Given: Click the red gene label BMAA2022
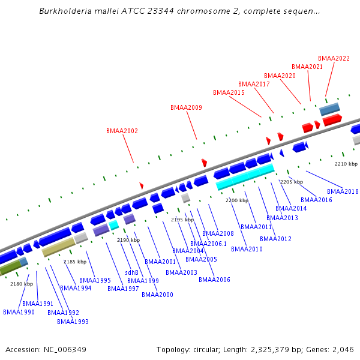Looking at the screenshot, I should coord(334,58).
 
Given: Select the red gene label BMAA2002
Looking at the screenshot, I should coord(122,131).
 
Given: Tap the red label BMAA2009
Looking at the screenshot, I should coord(186,108).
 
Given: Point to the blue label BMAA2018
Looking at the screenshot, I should coord(343,191).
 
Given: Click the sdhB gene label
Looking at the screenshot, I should coord(131,272).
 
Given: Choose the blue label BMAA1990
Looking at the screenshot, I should coord(19,312).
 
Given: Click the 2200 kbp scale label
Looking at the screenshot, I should coord(236,200).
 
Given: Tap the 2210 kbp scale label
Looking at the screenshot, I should coord(346,164).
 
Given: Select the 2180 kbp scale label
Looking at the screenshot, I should coord(22,284).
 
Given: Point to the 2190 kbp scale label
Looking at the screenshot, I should coord(128,240).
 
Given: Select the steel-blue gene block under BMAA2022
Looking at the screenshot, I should coord(329,110).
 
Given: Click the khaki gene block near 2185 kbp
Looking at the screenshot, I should coord(58,247).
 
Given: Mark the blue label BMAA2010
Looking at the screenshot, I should coord(247,249).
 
